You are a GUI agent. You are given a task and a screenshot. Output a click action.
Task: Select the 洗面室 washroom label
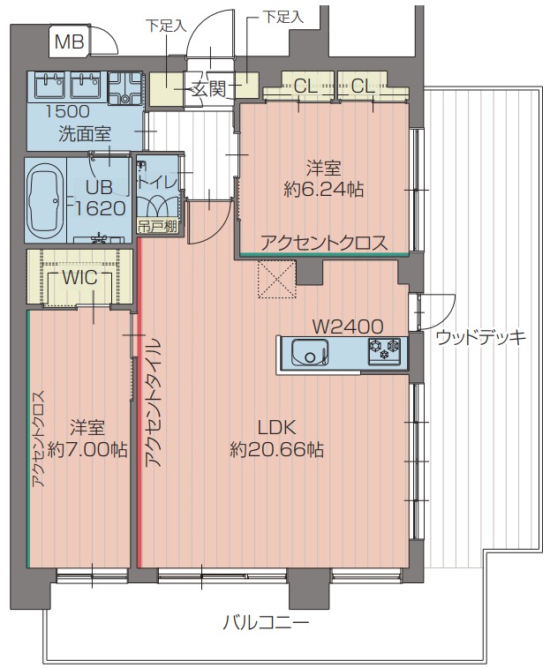pyautogui.click(x=85, y=134)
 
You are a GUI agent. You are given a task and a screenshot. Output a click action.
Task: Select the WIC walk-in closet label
pyautogui.click(x=80, y=277)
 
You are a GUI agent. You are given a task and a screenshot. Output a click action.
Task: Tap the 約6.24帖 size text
pyautogui.click(x=324, y=188)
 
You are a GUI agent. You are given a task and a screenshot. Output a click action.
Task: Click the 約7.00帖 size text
pyautogui.click(x=87, y=449)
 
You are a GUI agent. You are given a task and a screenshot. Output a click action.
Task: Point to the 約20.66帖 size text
pyautogui.click(x=276, y=449)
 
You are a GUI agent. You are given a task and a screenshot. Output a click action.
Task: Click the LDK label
pyautogui.click(x=276, y=426)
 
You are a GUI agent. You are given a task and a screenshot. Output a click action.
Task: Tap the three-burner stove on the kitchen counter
pyautogui.click(x=385, y=352)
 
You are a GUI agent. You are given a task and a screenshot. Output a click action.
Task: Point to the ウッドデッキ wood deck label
pyautogui.click(x=481, y=336)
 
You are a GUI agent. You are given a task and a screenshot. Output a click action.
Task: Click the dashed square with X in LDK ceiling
pyautogui.click(x=276, y=281)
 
